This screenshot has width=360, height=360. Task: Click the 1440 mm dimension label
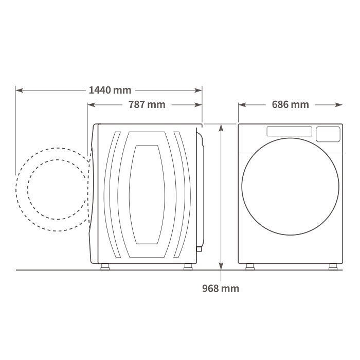110,90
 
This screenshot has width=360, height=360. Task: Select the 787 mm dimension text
147,104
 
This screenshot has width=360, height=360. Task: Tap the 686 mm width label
291,104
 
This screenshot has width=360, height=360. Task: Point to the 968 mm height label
221,289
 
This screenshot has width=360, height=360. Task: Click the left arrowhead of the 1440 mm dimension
20,91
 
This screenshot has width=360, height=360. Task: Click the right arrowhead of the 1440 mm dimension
198,91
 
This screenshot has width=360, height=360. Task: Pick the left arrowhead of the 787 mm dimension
92,105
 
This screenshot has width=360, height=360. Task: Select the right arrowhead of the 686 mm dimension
338,105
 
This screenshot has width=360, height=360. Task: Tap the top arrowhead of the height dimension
221,128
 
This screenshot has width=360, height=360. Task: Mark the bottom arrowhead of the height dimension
221,266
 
